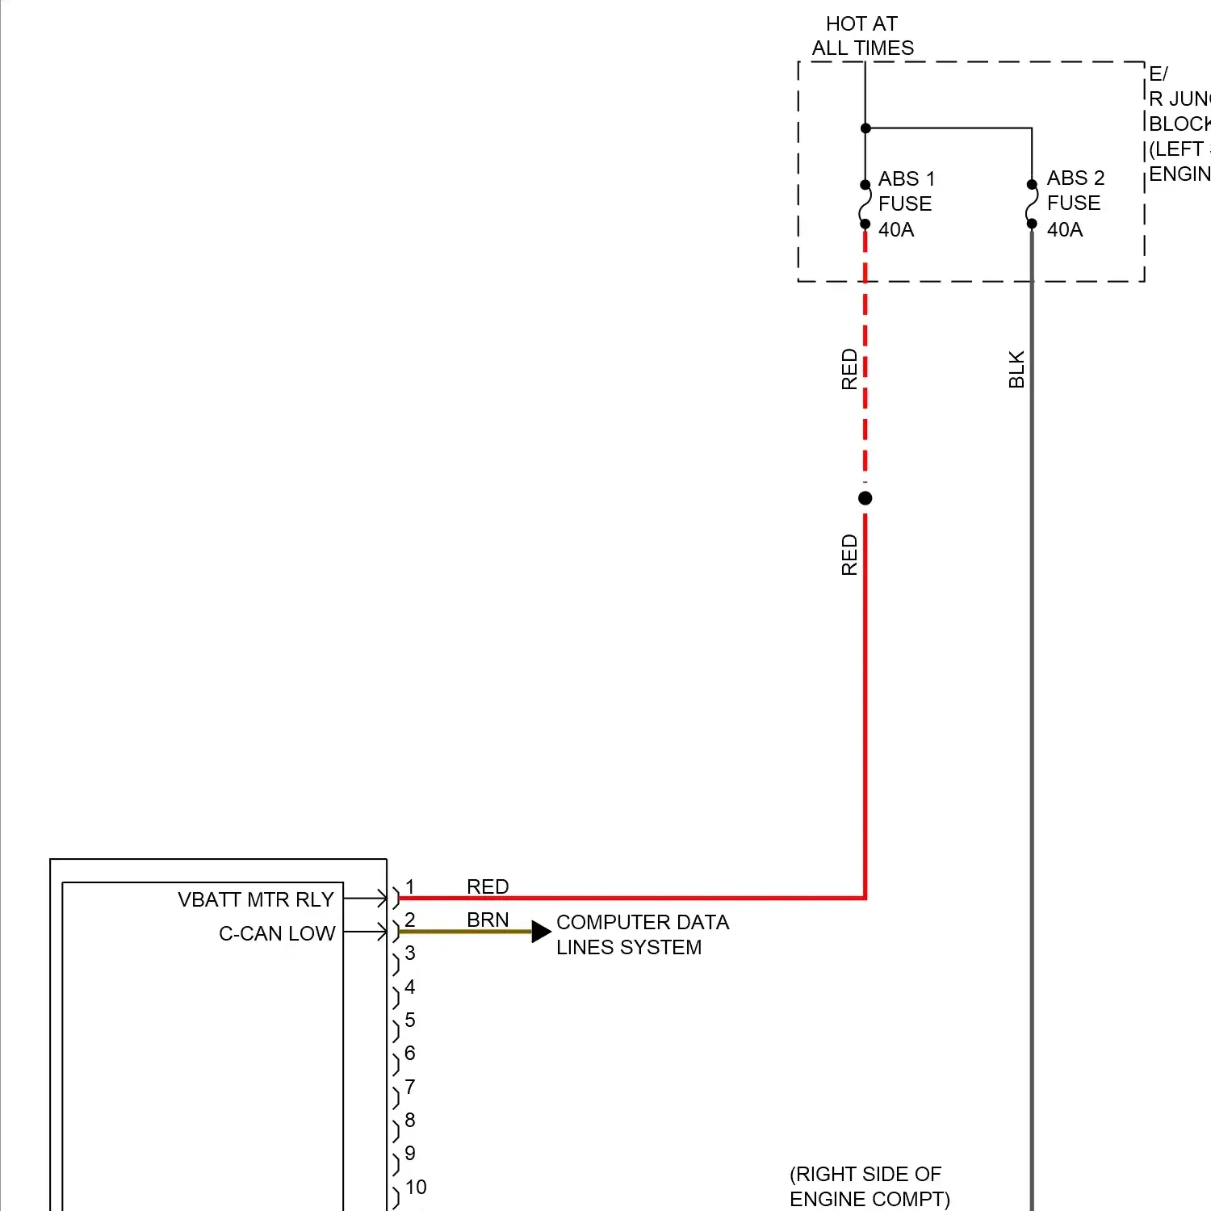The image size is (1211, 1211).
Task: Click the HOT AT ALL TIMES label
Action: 862,36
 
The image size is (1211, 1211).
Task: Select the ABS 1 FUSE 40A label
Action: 906,203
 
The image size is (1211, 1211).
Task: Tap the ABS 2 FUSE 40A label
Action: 1075,203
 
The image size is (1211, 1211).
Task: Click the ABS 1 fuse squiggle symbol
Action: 865,204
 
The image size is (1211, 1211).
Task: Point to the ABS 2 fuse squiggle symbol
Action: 1032,204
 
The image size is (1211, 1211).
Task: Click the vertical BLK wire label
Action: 1016,369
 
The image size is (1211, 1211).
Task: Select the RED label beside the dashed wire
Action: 849,369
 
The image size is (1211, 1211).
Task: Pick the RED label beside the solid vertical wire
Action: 849,555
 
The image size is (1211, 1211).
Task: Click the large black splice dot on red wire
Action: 865,498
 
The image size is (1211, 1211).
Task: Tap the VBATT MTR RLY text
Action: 255,899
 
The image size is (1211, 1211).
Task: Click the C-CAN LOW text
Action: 277,933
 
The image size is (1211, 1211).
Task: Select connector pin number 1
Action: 410,887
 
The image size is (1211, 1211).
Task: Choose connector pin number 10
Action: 416,1187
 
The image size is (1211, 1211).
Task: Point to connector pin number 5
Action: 410,1020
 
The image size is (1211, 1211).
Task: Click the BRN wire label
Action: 488,920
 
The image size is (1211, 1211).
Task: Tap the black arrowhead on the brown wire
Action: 540,932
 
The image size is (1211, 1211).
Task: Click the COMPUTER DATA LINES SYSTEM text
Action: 642,934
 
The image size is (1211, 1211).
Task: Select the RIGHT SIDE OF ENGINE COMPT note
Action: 869,1186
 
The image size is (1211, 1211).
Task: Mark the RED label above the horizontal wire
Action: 488,886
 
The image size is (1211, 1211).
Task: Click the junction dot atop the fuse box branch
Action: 865,128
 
